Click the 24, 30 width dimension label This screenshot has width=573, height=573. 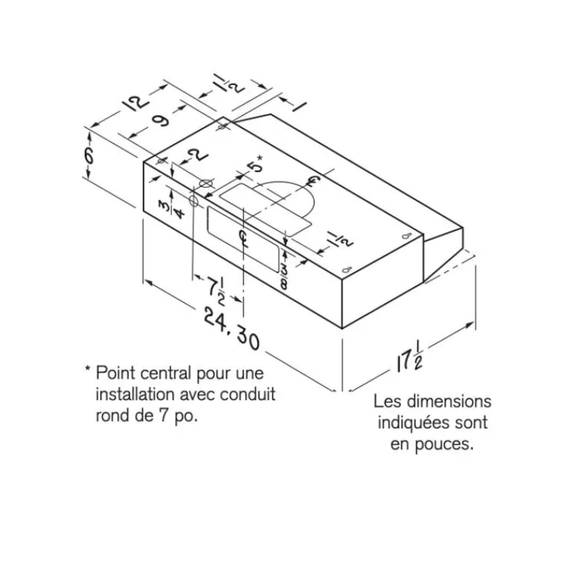tap(231, 329)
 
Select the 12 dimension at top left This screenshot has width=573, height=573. tap(135, 102)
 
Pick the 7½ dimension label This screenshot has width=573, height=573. tap(216, 291)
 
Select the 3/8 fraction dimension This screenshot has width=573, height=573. tap(284, 277)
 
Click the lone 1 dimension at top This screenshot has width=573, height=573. tap(299, 105)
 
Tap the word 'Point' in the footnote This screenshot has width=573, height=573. tap(115, 374)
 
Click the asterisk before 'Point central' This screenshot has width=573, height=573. tap(87, 369)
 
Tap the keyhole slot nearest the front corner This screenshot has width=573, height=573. tap(347, 270)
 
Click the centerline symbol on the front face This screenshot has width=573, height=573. tap(242, 239)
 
